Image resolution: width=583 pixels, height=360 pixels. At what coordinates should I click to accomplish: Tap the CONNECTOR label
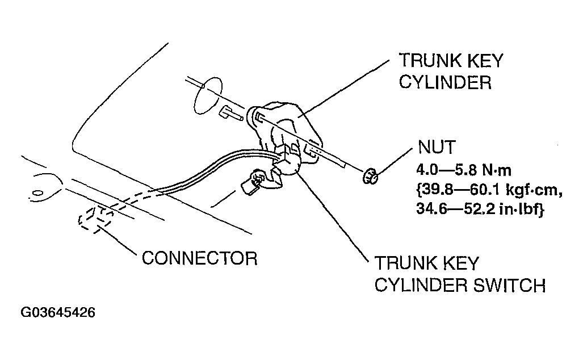(x=199, y=258)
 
